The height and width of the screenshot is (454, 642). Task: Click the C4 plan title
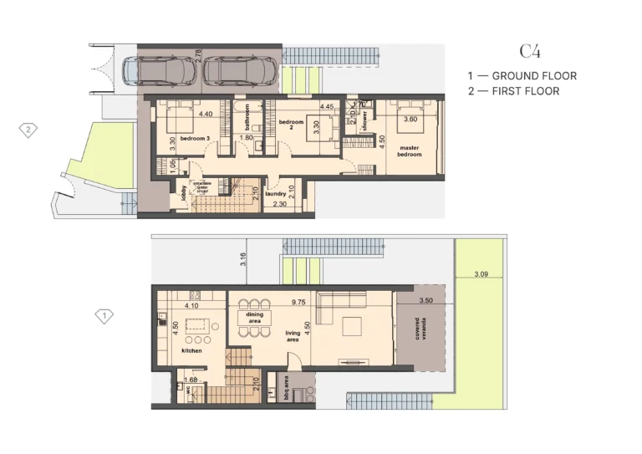click(x=530, y=52)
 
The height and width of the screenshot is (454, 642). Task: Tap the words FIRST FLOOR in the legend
click(x=526, y=91)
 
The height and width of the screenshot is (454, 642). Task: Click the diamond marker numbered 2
click(x=28, y=130)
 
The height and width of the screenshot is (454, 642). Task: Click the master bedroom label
click(x=410, y=150)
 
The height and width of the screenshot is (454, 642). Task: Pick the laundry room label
click(x=276, y=194)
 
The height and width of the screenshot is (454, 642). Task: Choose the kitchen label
click(x=193, y=351)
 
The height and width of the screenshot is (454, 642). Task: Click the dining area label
click(x=255, y=317)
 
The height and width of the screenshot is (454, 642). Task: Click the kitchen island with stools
click(x=197, y=325)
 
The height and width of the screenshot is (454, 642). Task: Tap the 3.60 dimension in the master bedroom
click(x=410, y=120)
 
